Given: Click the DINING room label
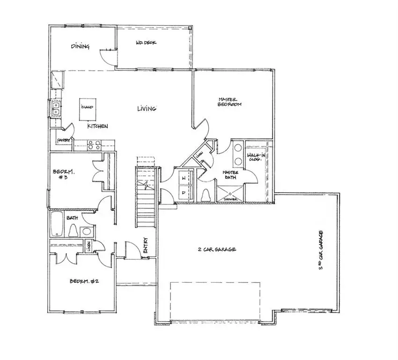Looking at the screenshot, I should (x=80, y=46).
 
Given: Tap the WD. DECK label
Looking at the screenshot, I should (x=146, y=44).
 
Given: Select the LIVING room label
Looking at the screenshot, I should (x=147, y=109).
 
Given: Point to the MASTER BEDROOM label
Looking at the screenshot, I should (x=230, y=102).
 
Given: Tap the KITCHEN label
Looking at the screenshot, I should (x=98, y=127).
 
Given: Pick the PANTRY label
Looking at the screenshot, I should (x=64, y=140).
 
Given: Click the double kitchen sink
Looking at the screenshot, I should (x=56, y=109).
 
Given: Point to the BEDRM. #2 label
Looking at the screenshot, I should (x=84, y=281).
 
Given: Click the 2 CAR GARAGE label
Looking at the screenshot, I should (x=216, y=249).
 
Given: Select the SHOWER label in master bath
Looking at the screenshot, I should (x=231, y=200).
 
